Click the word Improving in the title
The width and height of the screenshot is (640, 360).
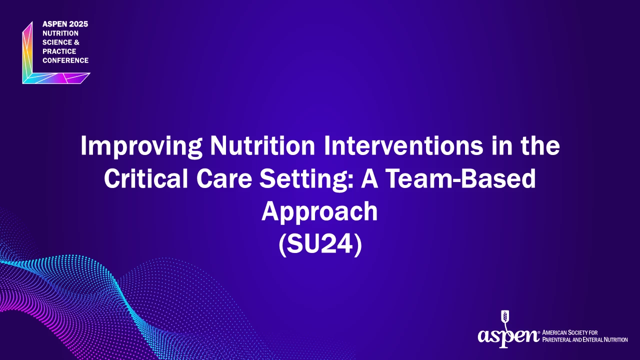point(141,146)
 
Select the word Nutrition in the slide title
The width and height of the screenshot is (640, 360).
point(262,145)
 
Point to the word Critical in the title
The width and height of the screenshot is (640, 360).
point(146,178)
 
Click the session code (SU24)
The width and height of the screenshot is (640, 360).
point(320,244)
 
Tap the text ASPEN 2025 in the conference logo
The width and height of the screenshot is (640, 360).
point(65,24)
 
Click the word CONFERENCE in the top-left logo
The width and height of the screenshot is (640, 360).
point(65,60)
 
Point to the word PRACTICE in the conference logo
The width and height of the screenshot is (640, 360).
point(59,51)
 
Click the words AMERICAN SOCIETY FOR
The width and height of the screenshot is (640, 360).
point(569,332)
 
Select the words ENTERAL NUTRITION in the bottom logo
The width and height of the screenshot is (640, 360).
point(607,339)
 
